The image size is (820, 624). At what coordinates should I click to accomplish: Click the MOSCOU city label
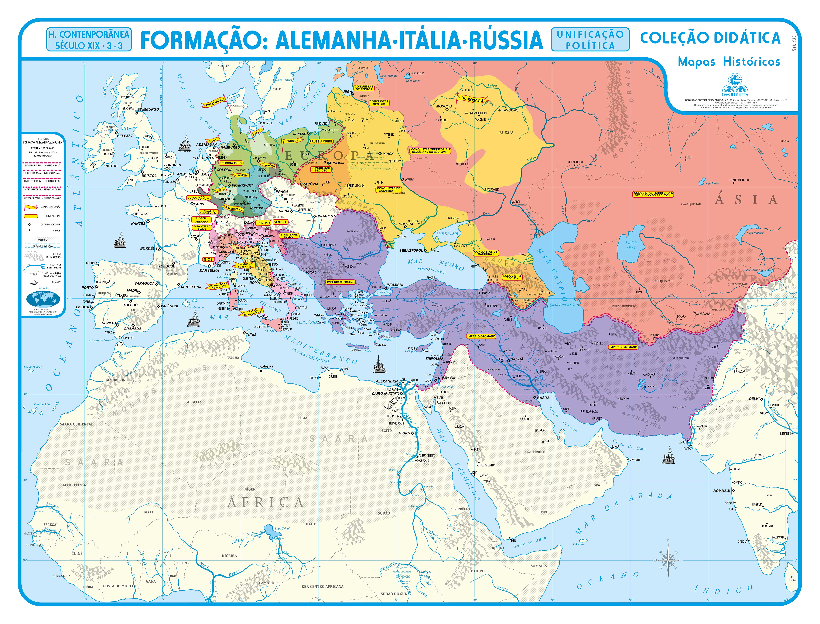coord(444,106)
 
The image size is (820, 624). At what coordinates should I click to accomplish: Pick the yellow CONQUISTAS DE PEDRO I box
coord(364,88)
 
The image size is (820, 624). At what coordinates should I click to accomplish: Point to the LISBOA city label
coord(82,307)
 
